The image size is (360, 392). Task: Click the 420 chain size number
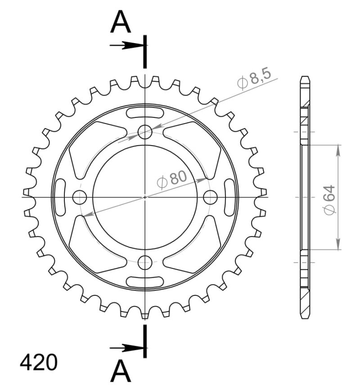tap(38, 363)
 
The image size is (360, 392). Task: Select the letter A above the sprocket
tap(121, 23)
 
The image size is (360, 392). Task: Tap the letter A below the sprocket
tap(121, 371)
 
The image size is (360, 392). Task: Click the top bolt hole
tap(145, 132)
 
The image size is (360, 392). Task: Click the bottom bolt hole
tap(145, 262)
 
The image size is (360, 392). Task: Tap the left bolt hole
tap(80, 196)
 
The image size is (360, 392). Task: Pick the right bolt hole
tap(210, 196)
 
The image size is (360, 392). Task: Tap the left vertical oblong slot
tap(60, 196)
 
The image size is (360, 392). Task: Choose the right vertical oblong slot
tap(230, 196)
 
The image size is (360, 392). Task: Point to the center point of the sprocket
tap(145, 196)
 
